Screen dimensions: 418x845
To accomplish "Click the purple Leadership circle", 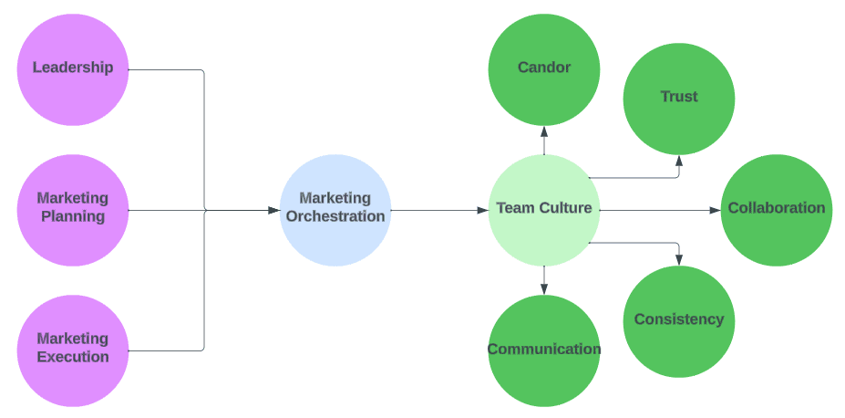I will coord(73,69).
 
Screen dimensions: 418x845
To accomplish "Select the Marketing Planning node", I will coord(73,209).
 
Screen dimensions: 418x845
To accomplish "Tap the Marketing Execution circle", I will coord(73,350).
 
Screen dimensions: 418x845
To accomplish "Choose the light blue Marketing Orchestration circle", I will coord(335,209).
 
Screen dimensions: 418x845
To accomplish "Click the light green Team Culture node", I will coord(544,209).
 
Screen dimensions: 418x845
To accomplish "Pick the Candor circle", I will coord(544,69).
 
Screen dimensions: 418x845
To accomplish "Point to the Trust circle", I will coord(679,98).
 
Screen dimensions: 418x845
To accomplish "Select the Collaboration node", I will coord(776,209).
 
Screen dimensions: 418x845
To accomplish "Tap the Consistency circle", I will coord(679,320).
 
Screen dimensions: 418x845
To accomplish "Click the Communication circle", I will coord(544,350).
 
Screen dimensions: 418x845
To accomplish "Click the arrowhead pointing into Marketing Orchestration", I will coord(273,210).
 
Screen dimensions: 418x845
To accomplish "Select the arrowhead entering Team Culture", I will coord(482,210).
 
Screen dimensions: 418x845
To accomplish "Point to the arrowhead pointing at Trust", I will coord(679,160).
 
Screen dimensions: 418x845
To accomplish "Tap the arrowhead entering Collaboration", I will coord(715,210).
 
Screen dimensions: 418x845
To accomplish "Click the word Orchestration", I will coord(335,217).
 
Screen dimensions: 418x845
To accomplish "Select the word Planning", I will coord(73,217).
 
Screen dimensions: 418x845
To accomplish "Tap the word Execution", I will coord(73,358).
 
